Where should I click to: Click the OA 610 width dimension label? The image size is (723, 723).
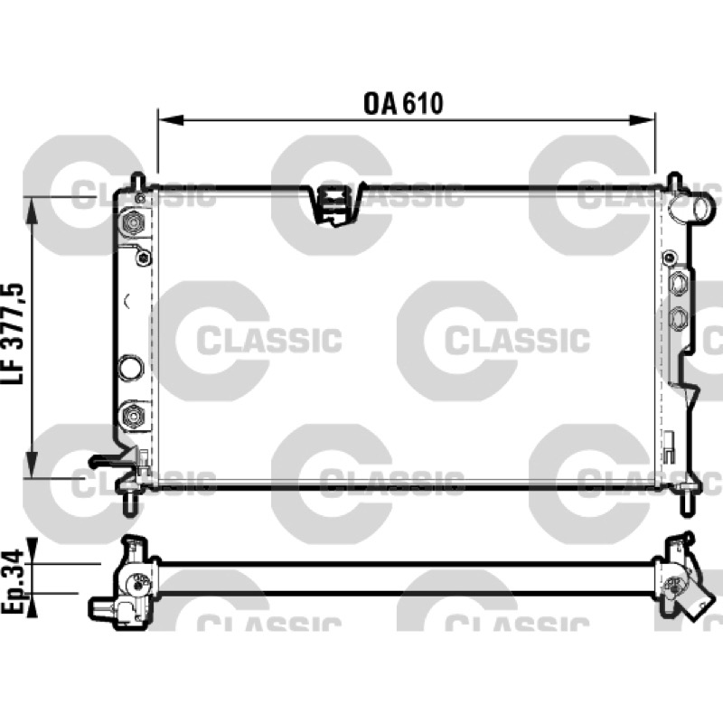[403, 104]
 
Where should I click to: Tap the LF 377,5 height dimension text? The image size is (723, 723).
[13, 333]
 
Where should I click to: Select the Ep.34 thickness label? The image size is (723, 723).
[13, 581]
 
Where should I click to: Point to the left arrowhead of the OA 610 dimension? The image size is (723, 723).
[171, 120]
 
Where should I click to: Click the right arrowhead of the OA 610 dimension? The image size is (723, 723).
[642, 120]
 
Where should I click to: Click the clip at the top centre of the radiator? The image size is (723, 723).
[336, 204]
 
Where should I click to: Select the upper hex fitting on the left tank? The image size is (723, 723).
[134, 223]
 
